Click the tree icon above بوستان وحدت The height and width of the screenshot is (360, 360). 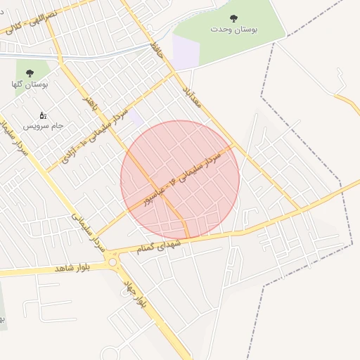[x=233, y=18]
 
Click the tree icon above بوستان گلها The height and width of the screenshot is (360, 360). [x=30, y=72]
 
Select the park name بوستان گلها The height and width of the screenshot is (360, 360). [x=30, y=84]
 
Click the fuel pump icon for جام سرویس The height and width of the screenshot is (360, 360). [x=42, y=115]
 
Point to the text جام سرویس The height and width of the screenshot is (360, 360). [x=43, y=125]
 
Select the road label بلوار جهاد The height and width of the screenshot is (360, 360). [x=133, y=294]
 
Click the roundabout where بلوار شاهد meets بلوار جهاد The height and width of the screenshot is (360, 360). [x=113, y=262]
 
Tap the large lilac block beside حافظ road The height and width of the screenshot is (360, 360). [x=186, y=53]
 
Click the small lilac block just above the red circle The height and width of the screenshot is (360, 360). [x=135, y=117]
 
